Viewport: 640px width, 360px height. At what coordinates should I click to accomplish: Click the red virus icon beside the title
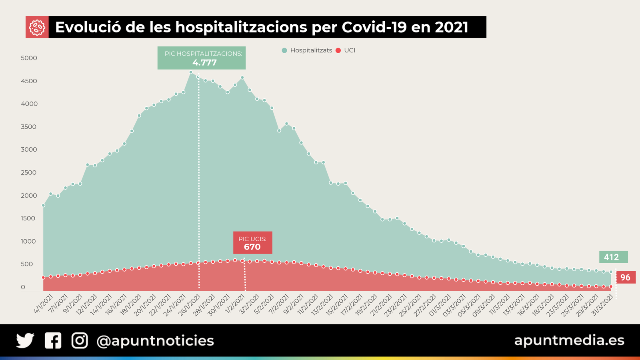[37, 27]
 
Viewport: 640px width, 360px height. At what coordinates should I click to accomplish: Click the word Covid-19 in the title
[374, 27]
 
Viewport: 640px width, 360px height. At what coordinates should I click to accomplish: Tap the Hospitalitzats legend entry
[307, 50]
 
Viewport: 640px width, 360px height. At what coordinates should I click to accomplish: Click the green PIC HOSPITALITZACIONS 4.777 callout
[202, 58]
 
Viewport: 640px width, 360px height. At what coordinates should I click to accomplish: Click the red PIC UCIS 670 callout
[252, 243]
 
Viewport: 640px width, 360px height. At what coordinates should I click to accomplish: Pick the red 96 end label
[625, 278]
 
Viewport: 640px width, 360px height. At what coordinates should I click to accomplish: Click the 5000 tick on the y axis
[29, 58]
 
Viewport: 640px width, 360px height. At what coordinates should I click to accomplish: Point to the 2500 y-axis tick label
[29, 173]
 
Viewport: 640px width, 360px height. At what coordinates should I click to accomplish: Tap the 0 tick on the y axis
[23, 287]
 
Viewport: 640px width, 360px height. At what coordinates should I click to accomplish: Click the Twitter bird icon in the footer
[25, 341]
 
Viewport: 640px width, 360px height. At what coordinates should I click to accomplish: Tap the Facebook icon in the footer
[53, 341]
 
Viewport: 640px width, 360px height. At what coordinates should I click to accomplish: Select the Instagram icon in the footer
[80, 341]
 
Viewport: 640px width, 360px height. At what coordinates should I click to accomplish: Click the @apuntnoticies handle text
[155, 341]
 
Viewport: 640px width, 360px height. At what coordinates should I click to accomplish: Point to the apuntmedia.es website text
[569, 340]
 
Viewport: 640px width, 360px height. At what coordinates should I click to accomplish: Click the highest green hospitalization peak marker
[191, 72]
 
